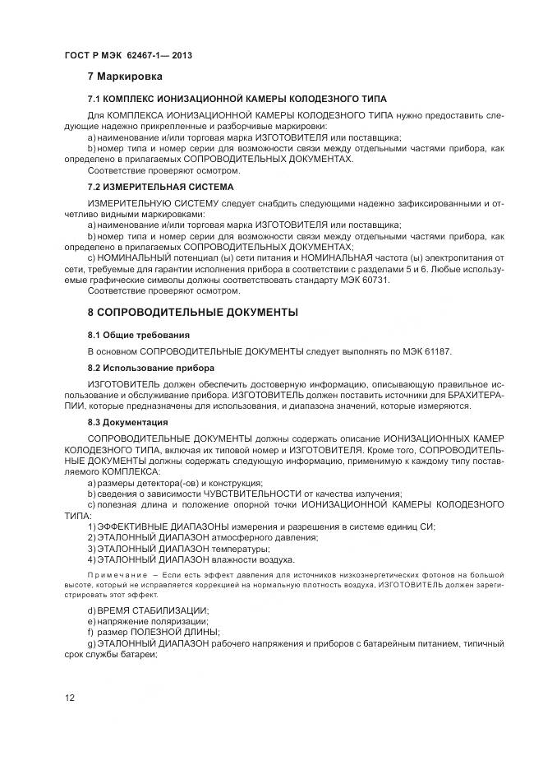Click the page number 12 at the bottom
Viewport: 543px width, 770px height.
click(70, 698)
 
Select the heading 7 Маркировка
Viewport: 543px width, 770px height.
click(126, 77)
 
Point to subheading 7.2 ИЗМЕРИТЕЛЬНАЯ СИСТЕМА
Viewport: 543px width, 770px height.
click(160, 187)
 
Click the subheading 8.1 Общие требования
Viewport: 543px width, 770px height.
click(139, 335)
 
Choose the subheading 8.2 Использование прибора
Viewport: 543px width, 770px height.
click(151, 367)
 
